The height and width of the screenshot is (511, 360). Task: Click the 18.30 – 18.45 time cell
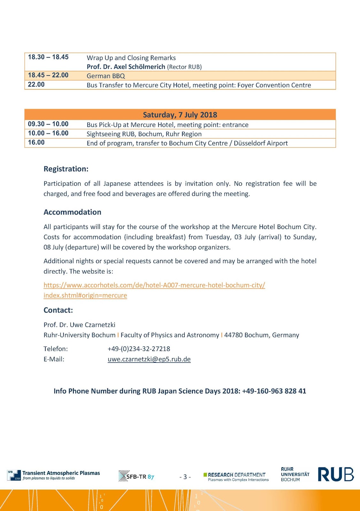pos(48,57)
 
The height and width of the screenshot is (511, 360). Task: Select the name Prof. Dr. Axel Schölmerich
pos(126,67)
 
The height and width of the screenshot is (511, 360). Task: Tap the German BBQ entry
pos(106,76)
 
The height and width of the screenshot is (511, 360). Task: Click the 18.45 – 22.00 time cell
pos(48,75)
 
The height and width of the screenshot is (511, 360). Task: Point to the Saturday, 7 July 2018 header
pos(180,115)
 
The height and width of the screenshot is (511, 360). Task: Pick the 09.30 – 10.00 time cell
pos(48,124)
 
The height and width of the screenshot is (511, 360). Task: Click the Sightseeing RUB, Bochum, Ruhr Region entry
pos(144,134)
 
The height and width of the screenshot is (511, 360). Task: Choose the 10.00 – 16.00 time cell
pos(48,133)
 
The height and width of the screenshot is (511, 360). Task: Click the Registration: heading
pos(66,169)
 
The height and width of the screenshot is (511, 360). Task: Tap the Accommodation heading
pos(72,212)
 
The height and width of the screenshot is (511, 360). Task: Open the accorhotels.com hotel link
pos(154,285)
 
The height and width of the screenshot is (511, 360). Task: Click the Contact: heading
pos(58,310)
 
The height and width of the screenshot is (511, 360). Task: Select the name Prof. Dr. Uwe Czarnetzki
pos(79,325)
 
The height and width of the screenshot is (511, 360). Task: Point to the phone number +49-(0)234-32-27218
pos(139,349)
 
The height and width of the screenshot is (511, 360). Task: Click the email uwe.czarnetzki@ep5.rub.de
pos(149,359)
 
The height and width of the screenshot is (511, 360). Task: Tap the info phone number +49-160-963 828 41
pos(274,391)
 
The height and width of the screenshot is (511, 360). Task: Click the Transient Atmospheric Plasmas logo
pos(54,475)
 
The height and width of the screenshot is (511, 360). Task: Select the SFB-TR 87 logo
pos(136,477)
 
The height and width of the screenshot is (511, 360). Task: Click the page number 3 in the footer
pos(185,477)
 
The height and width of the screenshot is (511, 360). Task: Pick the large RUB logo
pos(336,474)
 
